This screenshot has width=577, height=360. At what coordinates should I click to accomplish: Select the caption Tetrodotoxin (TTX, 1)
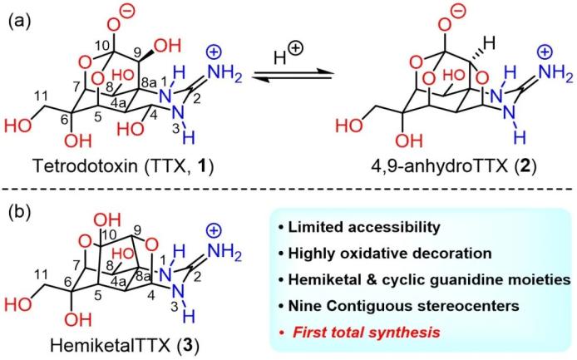123,166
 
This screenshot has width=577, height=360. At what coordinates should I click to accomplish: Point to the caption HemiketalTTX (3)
125,346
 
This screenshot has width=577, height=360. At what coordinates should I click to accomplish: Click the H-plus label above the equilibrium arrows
288,55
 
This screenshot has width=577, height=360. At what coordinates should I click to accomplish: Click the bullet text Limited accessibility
364,228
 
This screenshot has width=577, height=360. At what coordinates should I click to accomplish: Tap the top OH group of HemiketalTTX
107,220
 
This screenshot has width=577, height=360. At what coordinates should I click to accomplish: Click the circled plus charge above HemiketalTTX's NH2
215,231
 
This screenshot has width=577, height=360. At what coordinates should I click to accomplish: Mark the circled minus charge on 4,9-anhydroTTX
458,11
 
